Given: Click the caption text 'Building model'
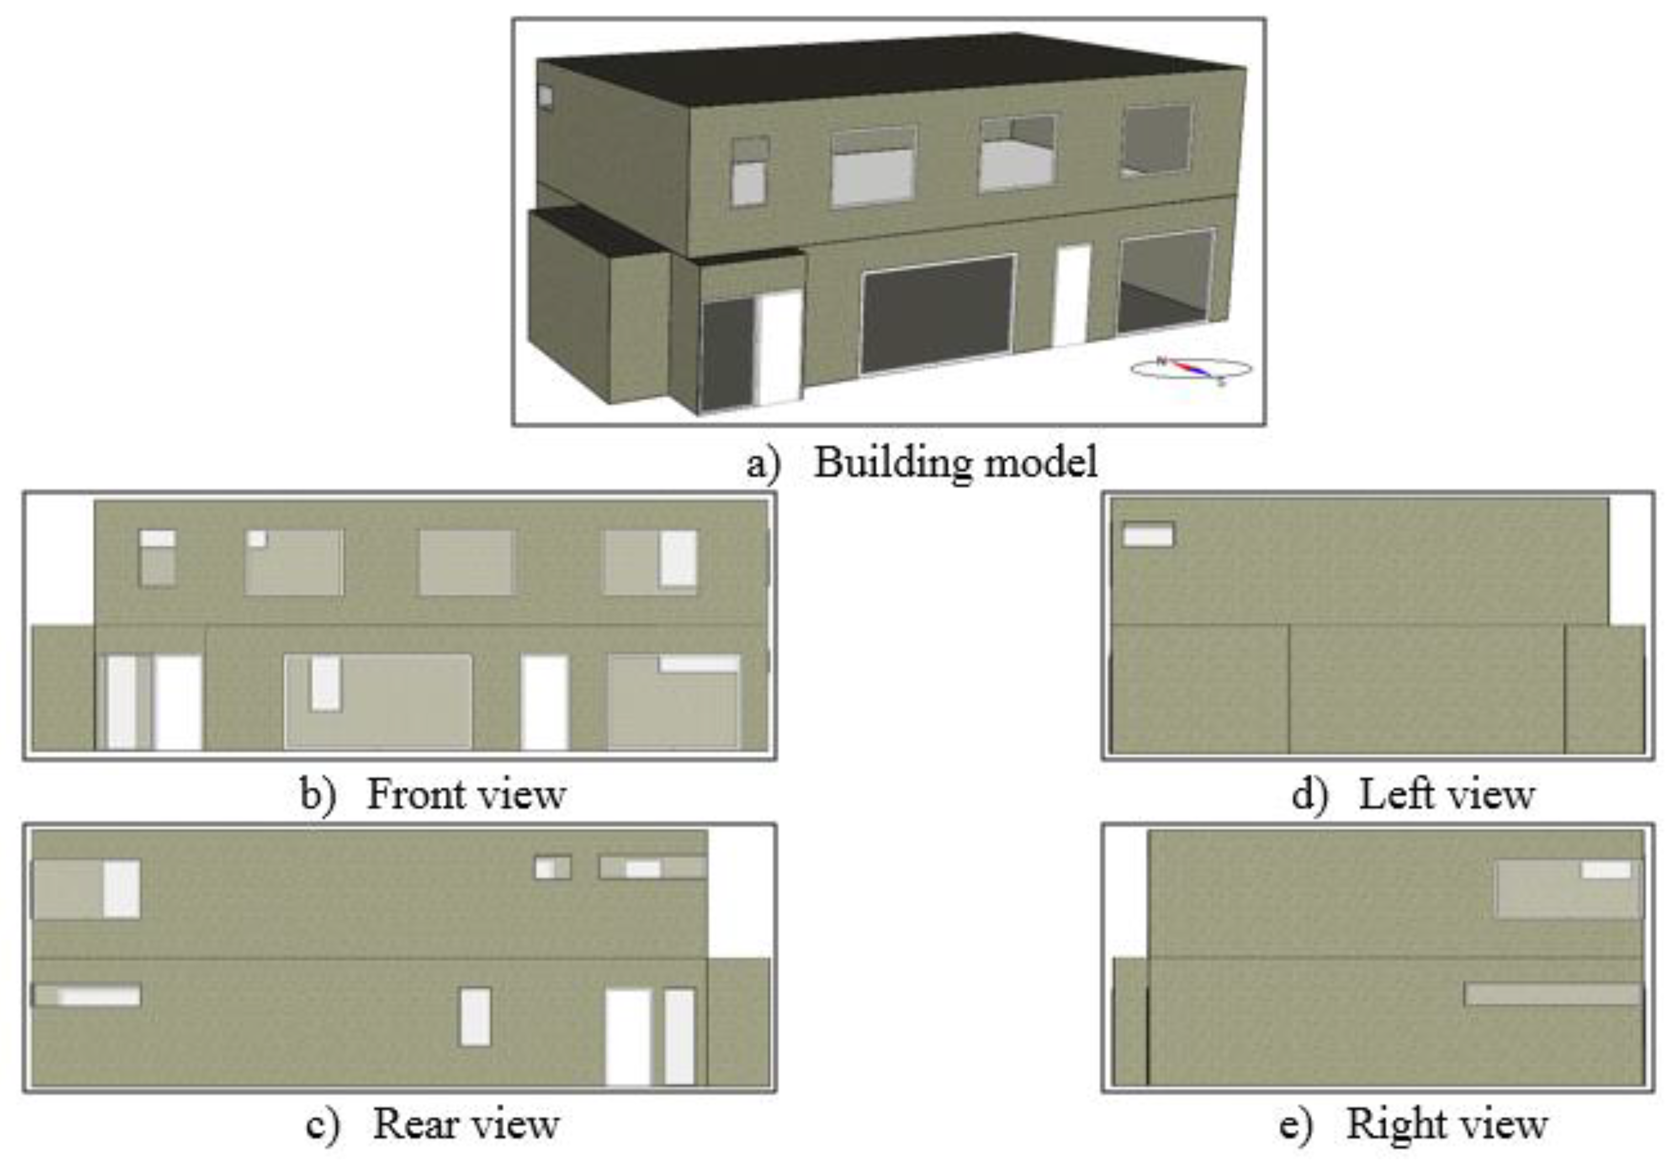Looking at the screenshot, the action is click(955, 463).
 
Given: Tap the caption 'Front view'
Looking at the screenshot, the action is click(466, 794).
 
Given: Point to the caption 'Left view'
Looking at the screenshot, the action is click(1446, 794).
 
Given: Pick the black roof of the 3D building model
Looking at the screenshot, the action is click(891, 69).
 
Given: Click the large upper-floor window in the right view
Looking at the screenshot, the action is click(1568, 888).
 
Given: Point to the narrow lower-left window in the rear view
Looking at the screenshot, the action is click(87, 995).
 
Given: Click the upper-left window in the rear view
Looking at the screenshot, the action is click(87, 888).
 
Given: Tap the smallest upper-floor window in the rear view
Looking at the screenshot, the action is click(552, 868).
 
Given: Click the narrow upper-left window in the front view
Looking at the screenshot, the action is click(157, 558).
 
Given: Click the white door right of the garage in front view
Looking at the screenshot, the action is click(545, 702).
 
